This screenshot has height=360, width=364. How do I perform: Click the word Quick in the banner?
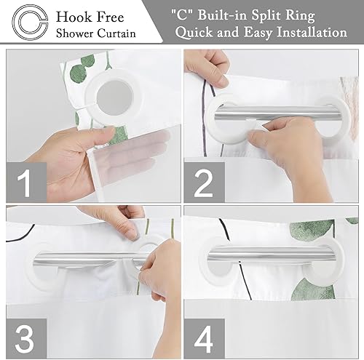click(204, 33)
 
